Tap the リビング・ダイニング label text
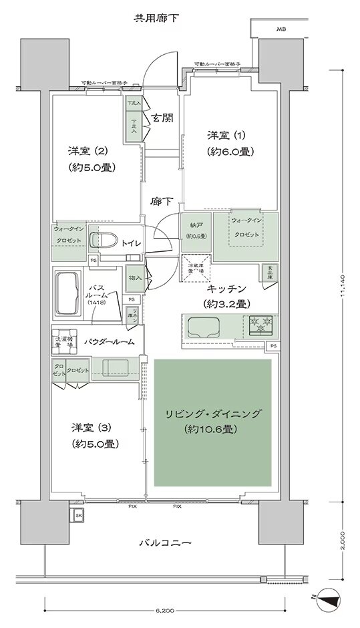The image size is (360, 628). pos(213,415)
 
